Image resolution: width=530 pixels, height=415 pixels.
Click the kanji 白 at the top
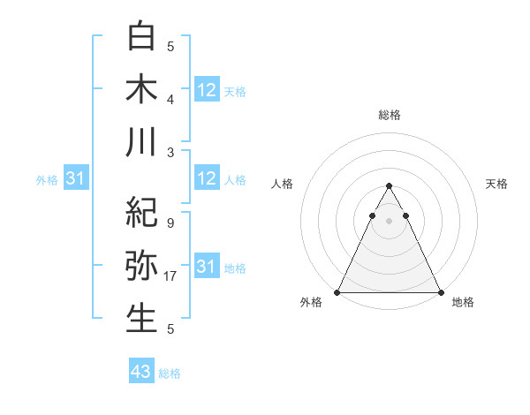tap(141, 36)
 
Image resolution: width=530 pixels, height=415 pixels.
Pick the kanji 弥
tap(141, 266)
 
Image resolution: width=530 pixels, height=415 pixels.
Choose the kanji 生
tap(141, 317)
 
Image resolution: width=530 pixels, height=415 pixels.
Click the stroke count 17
tap(170, 276)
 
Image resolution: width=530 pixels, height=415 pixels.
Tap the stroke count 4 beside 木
tap(170, 99)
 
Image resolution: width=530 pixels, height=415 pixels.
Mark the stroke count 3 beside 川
tap(170, 152)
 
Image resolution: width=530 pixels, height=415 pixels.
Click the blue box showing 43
tap(141, 372)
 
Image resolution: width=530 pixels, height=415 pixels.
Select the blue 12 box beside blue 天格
tap(207, 89)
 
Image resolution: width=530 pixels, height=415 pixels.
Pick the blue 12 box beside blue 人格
tap(207, 178)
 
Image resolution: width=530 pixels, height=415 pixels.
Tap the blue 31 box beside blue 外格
tap(76, 179)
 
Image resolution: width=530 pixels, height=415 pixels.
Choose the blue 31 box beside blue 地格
tap(207, 267)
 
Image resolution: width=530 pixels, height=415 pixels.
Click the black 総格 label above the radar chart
tap(390, 115)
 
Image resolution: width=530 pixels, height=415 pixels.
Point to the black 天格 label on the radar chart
tap(496, 184)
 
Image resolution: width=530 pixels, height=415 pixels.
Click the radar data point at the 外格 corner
tap(337, 292)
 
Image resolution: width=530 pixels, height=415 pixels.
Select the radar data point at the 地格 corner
tap(441, 292)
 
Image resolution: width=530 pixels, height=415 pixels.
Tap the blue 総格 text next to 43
tap(170, 373)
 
